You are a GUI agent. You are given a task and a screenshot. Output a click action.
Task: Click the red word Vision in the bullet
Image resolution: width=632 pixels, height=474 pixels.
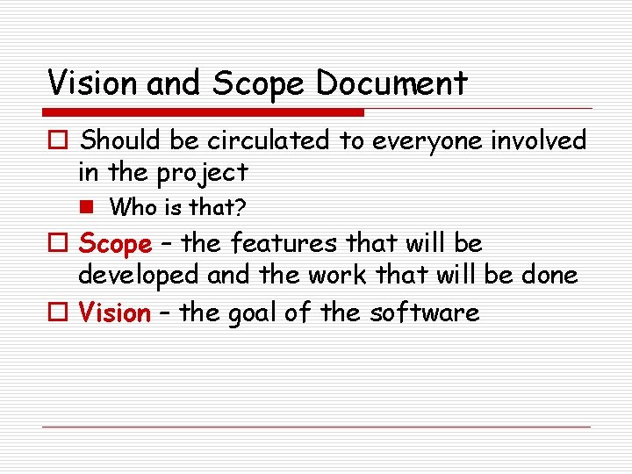point(115,312)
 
